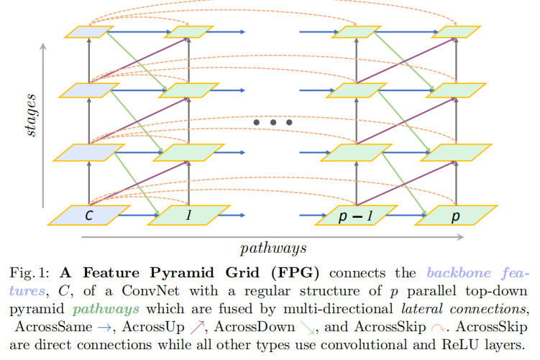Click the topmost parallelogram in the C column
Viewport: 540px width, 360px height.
point(88,31)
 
